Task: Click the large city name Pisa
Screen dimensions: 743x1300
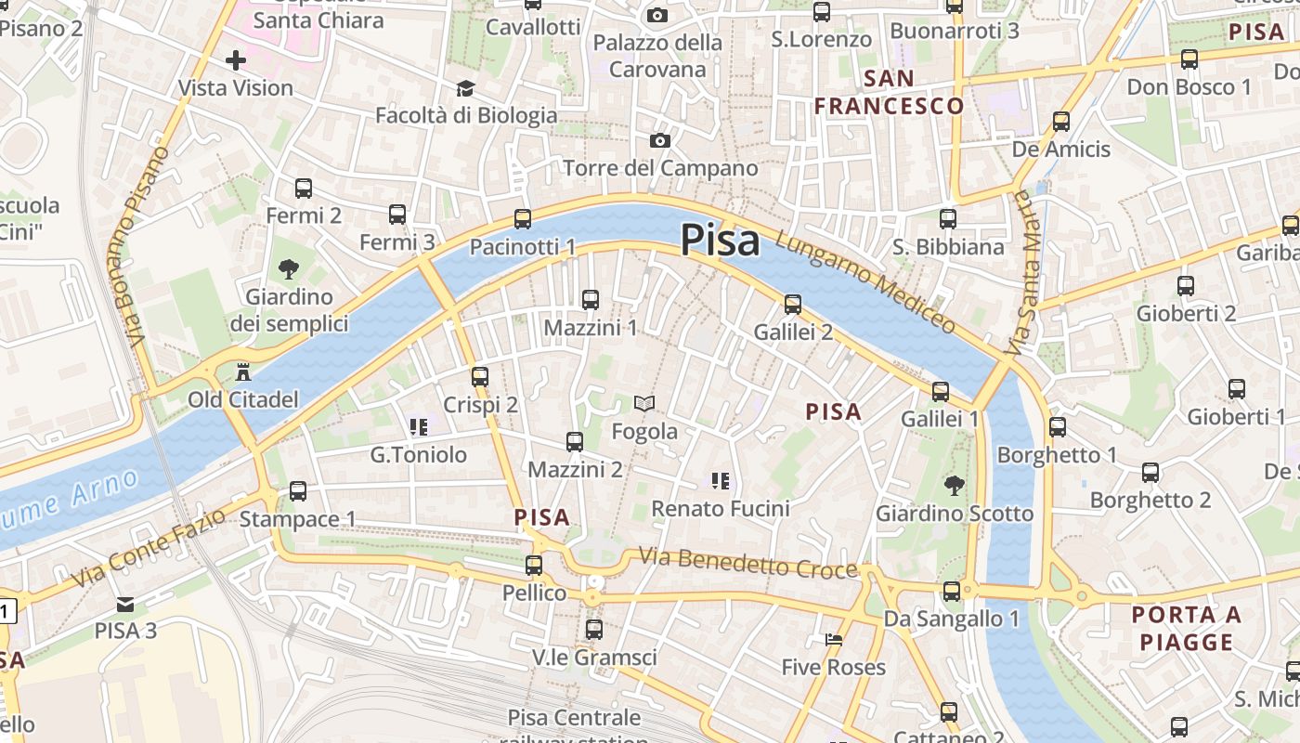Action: coord(721,241)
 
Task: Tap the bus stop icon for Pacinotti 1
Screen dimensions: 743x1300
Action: coord(523,219)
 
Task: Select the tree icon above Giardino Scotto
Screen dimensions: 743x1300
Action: coord(953,485)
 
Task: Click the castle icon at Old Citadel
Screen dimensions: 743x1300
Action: coord(243,372)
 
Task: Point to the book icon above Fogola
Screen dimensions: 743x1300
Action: coord(644,403)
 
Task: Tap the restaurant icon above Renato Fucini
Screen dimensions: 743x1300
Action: coord(720,480)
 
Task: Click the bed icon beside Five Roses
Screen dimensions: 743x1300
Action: coord(834,640)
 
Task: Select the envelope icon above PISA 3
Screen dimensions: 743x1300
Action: coord(125,605)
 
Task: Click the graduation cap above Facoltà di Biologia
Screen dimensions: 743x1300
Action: coord(465,88)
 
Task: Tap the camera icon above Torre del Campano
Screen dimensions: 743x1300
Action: coord(660,140)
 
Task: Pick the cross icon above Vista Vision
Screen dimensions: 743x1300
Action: coord(236,61)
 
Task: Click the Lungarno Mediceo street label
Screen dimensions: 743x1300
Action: coord(864,282)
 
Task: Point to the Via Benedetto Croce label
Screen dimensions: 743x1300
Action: coord(747,563)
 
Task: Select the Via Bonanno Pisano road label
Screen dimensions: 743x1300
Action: coord(137,246)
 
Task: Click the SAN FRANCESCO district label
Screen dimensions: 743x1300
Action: coord(889,92)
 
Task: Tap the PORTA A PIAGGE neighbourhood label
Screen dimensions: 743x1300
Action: coord(1187,628)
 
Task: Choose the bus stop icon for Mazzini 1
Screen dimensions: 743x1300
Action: coord(590,300)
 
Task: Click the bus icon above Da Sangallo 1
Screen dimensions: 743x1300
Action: coord(952,592)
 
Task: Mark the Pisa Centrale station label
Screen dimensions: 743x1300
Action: coord(574,718)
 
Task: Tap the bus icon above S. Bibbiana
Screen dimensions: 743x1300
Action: coord(947,219)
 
